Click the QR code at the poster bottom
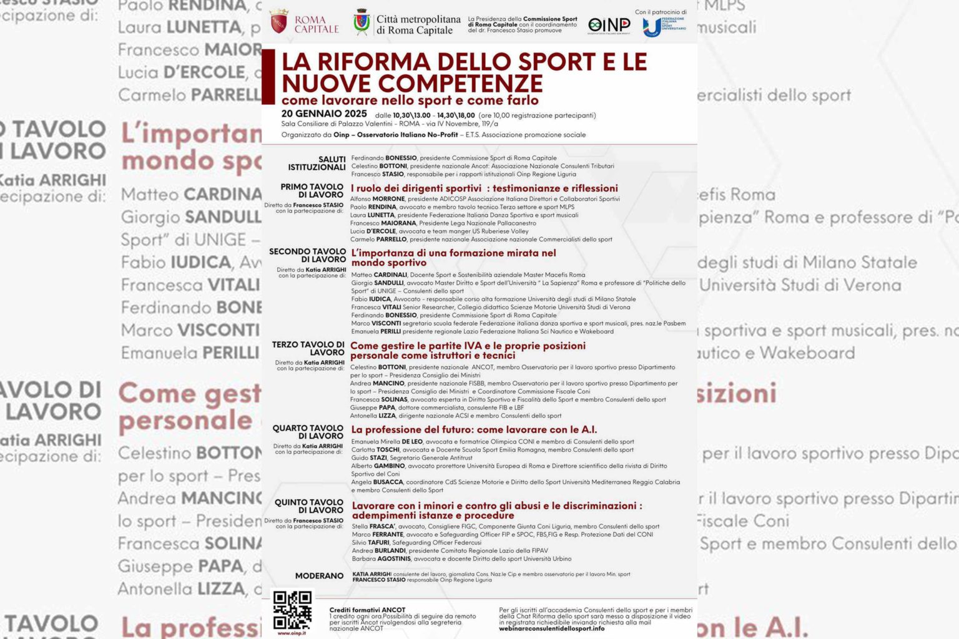[x=292, y=610]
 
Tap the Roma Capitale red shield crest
[x=279, y=22]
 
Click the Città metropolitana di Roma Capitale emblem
[x=361, y=22]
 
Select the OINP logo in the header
[x=609, y=25]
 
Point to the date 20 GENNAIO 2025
[x=324, y=114]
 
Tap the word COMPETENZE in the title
[x=460, y=83]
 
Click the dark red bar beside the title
[x=268, y=77]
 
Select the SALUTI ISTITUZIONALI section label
[x=317, y=163]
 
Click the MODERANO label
[x=319, y=576]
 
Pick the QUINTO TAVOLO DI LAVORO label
[x=309, y=506]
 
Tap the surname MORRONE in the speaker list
[x=388, y=199]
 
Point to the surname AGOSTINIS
[x=393, y=559]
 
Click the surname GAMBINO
[x=389, y=466]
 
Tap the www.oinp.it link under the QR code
[x=292, y=633]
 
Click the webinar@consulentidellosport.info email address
[x=551, y=628]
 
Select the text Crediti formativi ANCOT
[x=367, y=610]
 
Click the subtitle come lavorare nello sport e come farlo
[x=410, y=100]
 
